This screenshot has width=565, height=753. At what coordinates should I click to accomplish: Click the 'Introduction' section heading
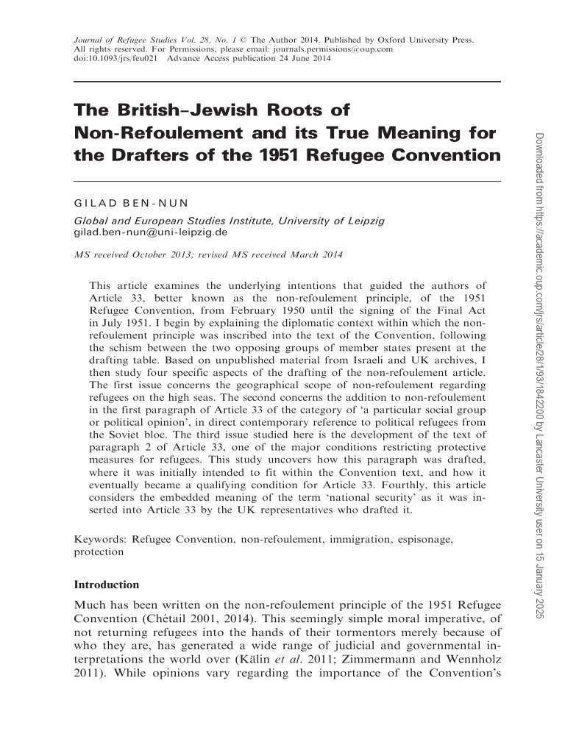tap(107, 585)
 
